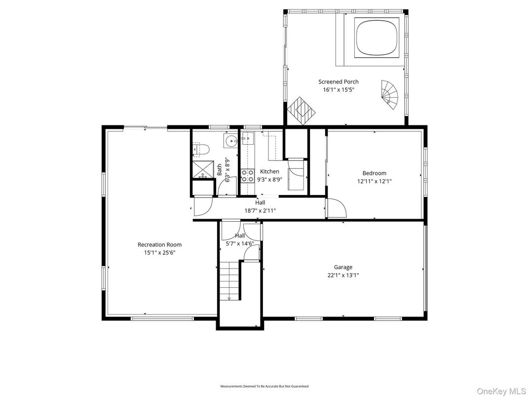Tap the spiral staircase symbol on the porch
coord(389,95)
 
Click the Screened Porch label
coord(338,82)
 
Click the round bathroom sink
coord(230,142)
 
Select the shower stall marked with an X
coord(201,170)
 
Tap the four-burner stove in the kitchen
coord(247,176)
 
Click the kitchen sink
coord(248,139)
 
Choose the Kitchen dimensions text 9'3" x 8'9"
coord(269,180)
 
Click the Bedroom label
coord(374,173)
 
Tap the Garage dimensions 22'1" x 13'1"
coord(342,276)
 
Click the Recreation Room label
coord(159,244)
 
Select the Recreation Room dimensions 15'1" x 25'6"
coord(159,253)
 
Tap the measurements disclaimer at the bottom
coord(264,386)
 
